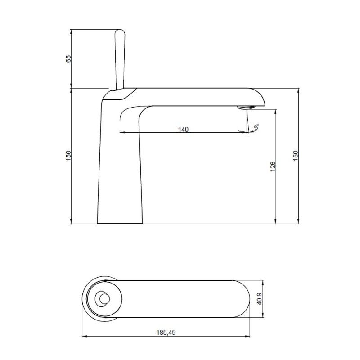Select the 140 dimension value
pos(183,130)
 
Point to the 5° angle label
pos(256,128)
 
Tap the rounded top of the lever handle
pos(120,32)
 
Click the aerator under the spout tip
pos(246,108)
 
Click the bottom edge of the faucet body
pos(120,223)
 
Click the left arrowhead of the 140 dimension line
pos(121,132)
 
